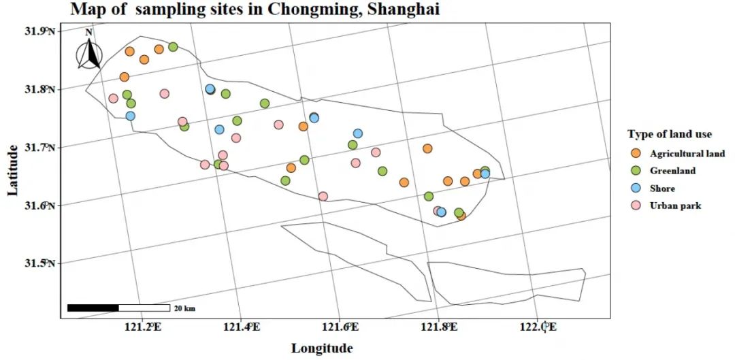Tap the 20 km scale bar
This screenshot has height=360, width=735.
(x=118, y=308)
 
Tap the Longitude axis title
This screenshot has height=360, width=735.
(x=322, y=348)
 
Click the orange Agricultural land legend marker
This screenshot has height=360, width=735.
(x=636, y=154)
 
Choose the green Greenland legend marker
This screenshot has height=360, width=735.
(x=636, y=171)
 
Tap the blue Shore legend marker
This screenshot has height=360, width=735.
(x=636, y=189)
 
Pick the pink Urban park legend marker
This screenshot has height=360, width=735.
(x=636, y=206)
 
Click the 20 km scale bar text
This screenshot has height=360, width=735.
(x=184, y=308)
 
